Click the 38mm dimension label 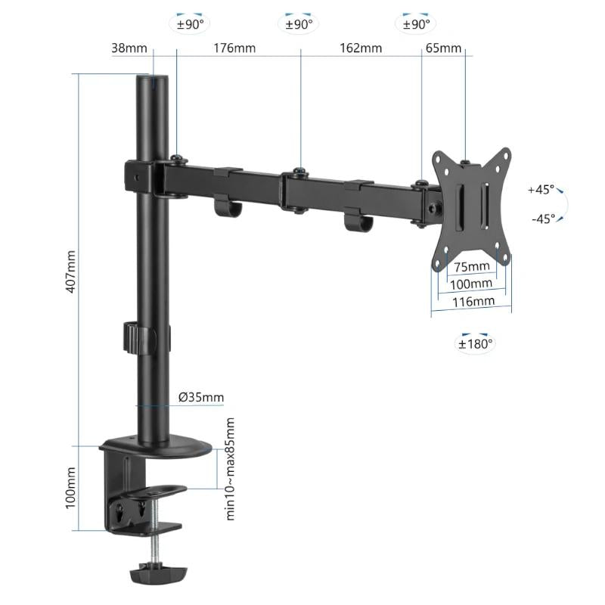click(129, 48)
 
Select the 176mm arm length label click(234, 48)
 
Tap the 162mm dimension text click(361, 48)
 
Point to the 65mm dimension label click(443, 48)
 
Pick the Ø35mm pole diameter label click(200, 397)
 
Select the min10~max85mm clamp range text click(231, 468)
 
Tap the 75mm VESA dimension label click(471, 266)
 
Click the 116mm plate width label click(473, 301)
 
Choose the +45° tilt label click(541, 190)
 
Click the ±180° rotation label click(475, 343)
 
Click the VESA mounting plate click(470, 209)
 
